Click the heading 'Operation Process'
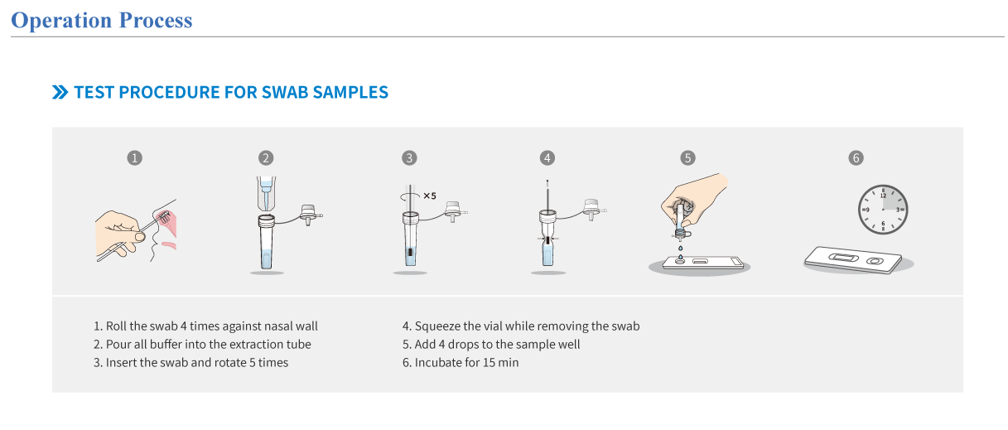[x=102, y=20]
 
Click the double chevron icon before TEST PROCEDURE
[x=60, y=92]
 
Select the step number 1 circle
[x=134, y=158]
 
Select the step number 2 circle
[x=266, y=158]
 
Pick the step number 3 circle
[x=409, y=158]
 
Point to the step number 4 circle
[x=547, y=158]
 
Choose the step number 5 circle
[x=687, y=158]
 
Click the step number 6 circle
[x=856, y=158]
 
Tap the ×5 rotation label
[x=430, y=196]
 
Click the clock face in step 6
[x=883, y=210]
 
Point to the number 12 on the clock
[x=883, y=196]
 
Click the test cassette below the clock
[x=853, y=259]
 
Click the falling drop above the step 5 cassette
[x=680, y=248]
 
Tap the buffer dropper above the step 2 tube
[x=267, y=194]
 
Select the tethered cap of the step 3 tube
[x=455, y=211]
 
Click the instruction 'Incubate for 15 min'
[x=461, y=362]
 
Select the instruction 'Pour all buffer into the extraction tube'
[x=202, y=345]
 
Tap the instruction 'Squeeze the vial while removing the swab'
[x=521, y=326]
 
